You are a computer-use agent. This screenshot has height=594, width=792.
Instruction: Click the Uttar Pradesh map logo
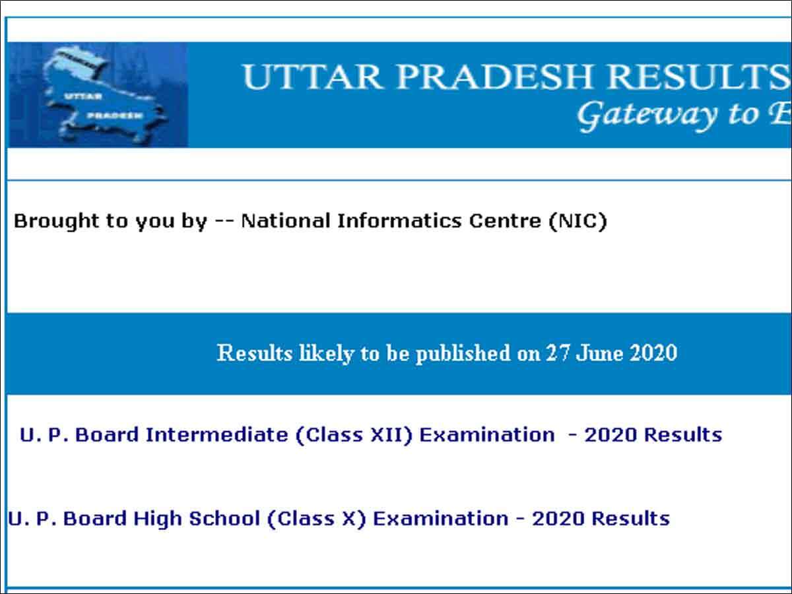(99, 95)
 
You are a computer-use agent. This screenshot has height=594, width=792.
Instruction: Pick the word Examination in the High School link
(441, 519)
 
